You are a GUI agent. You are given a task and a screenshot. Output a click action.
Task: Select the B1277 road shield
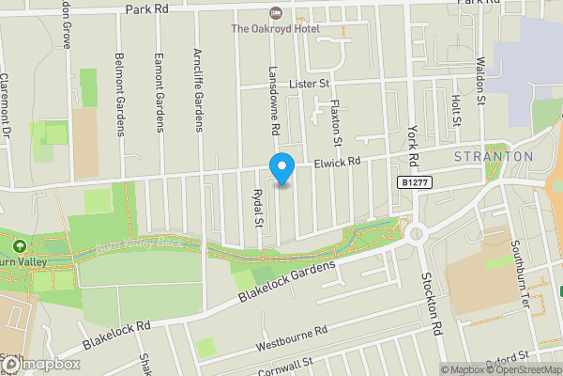pyautogui.click(x=414, y=181)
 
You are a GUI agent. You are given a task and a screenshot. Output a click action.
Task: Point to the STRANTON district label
pyautogui.click(x=494, y=156)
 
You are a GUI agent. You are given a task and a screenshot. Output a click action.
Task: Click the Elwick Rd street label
pyautogui.click(x=337, y=162)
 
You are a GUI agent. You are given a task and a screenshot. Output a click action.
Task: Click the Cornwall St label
pyautogui.click(x=287, y=368)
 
